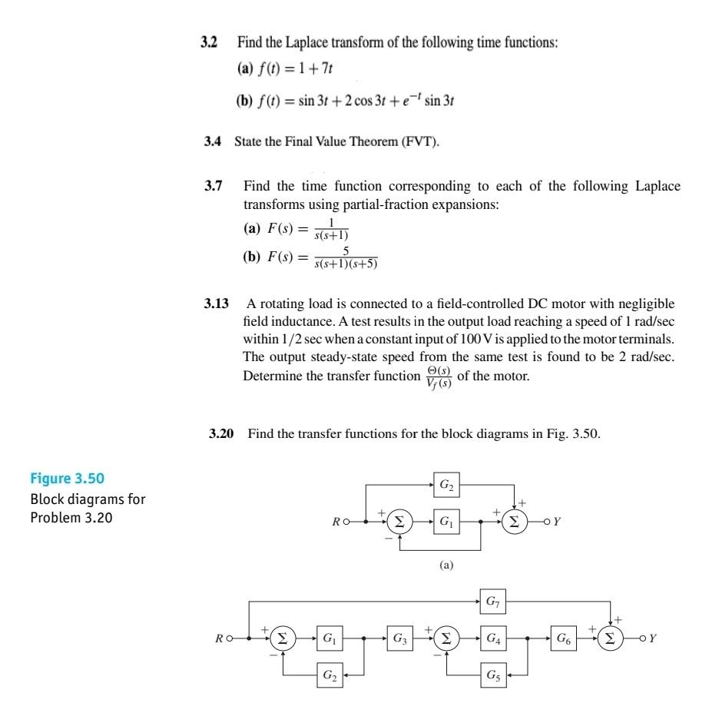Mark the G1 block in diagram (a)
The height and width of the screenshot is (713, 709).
[x=446, y=520]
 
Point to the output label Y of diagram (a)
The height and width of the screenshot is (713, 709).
[x=557, y=521]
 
